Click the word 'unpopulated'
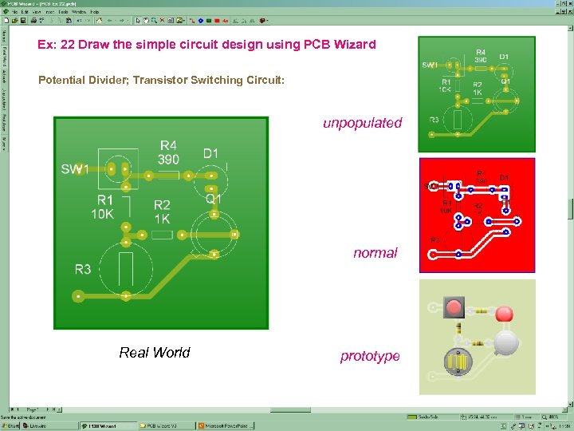click(362, 123)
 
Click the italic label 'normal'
click(375, 253)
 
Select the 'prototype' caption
click(370, 356)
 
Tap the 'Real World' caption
click(155, 352)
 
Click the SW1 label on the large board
click(74, 169)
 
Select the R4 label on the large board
click(168, 145)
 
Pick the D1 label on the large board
click(210, 153)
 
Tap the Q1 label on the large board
click(214, 198)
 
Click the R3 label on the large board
click(83, 269)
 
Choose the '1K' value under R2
click(162, 218)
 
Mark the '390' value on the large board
click(169, 159)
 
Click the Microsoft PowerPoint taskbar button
click(228, 426)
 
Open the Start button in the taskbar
click(11, 426)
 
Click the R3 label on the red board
click(436, 239)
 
